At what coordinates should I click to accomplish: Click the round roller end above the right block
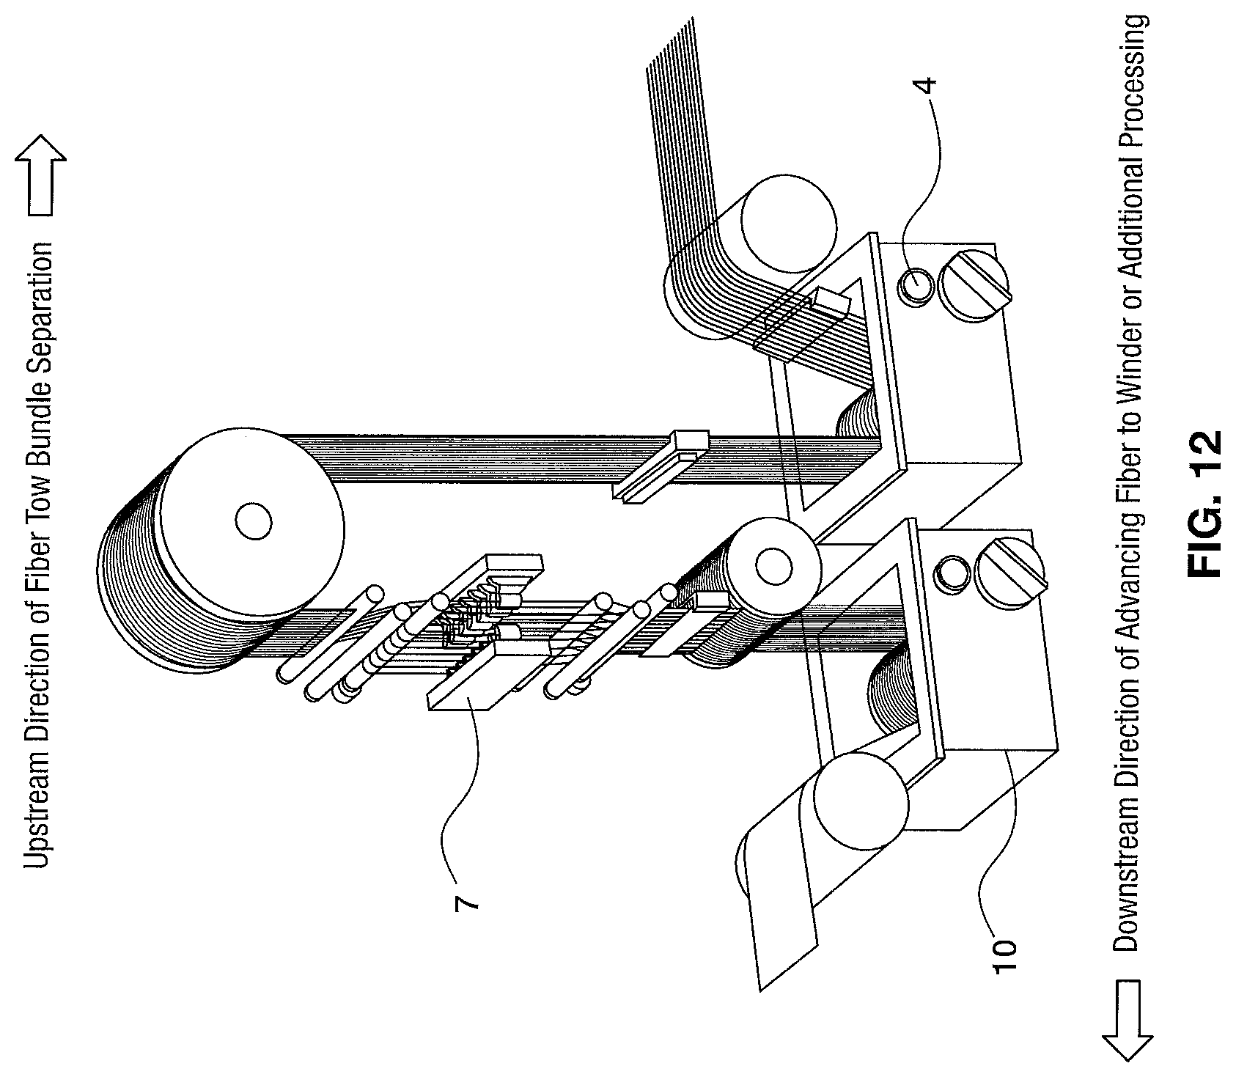point(788,220)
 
